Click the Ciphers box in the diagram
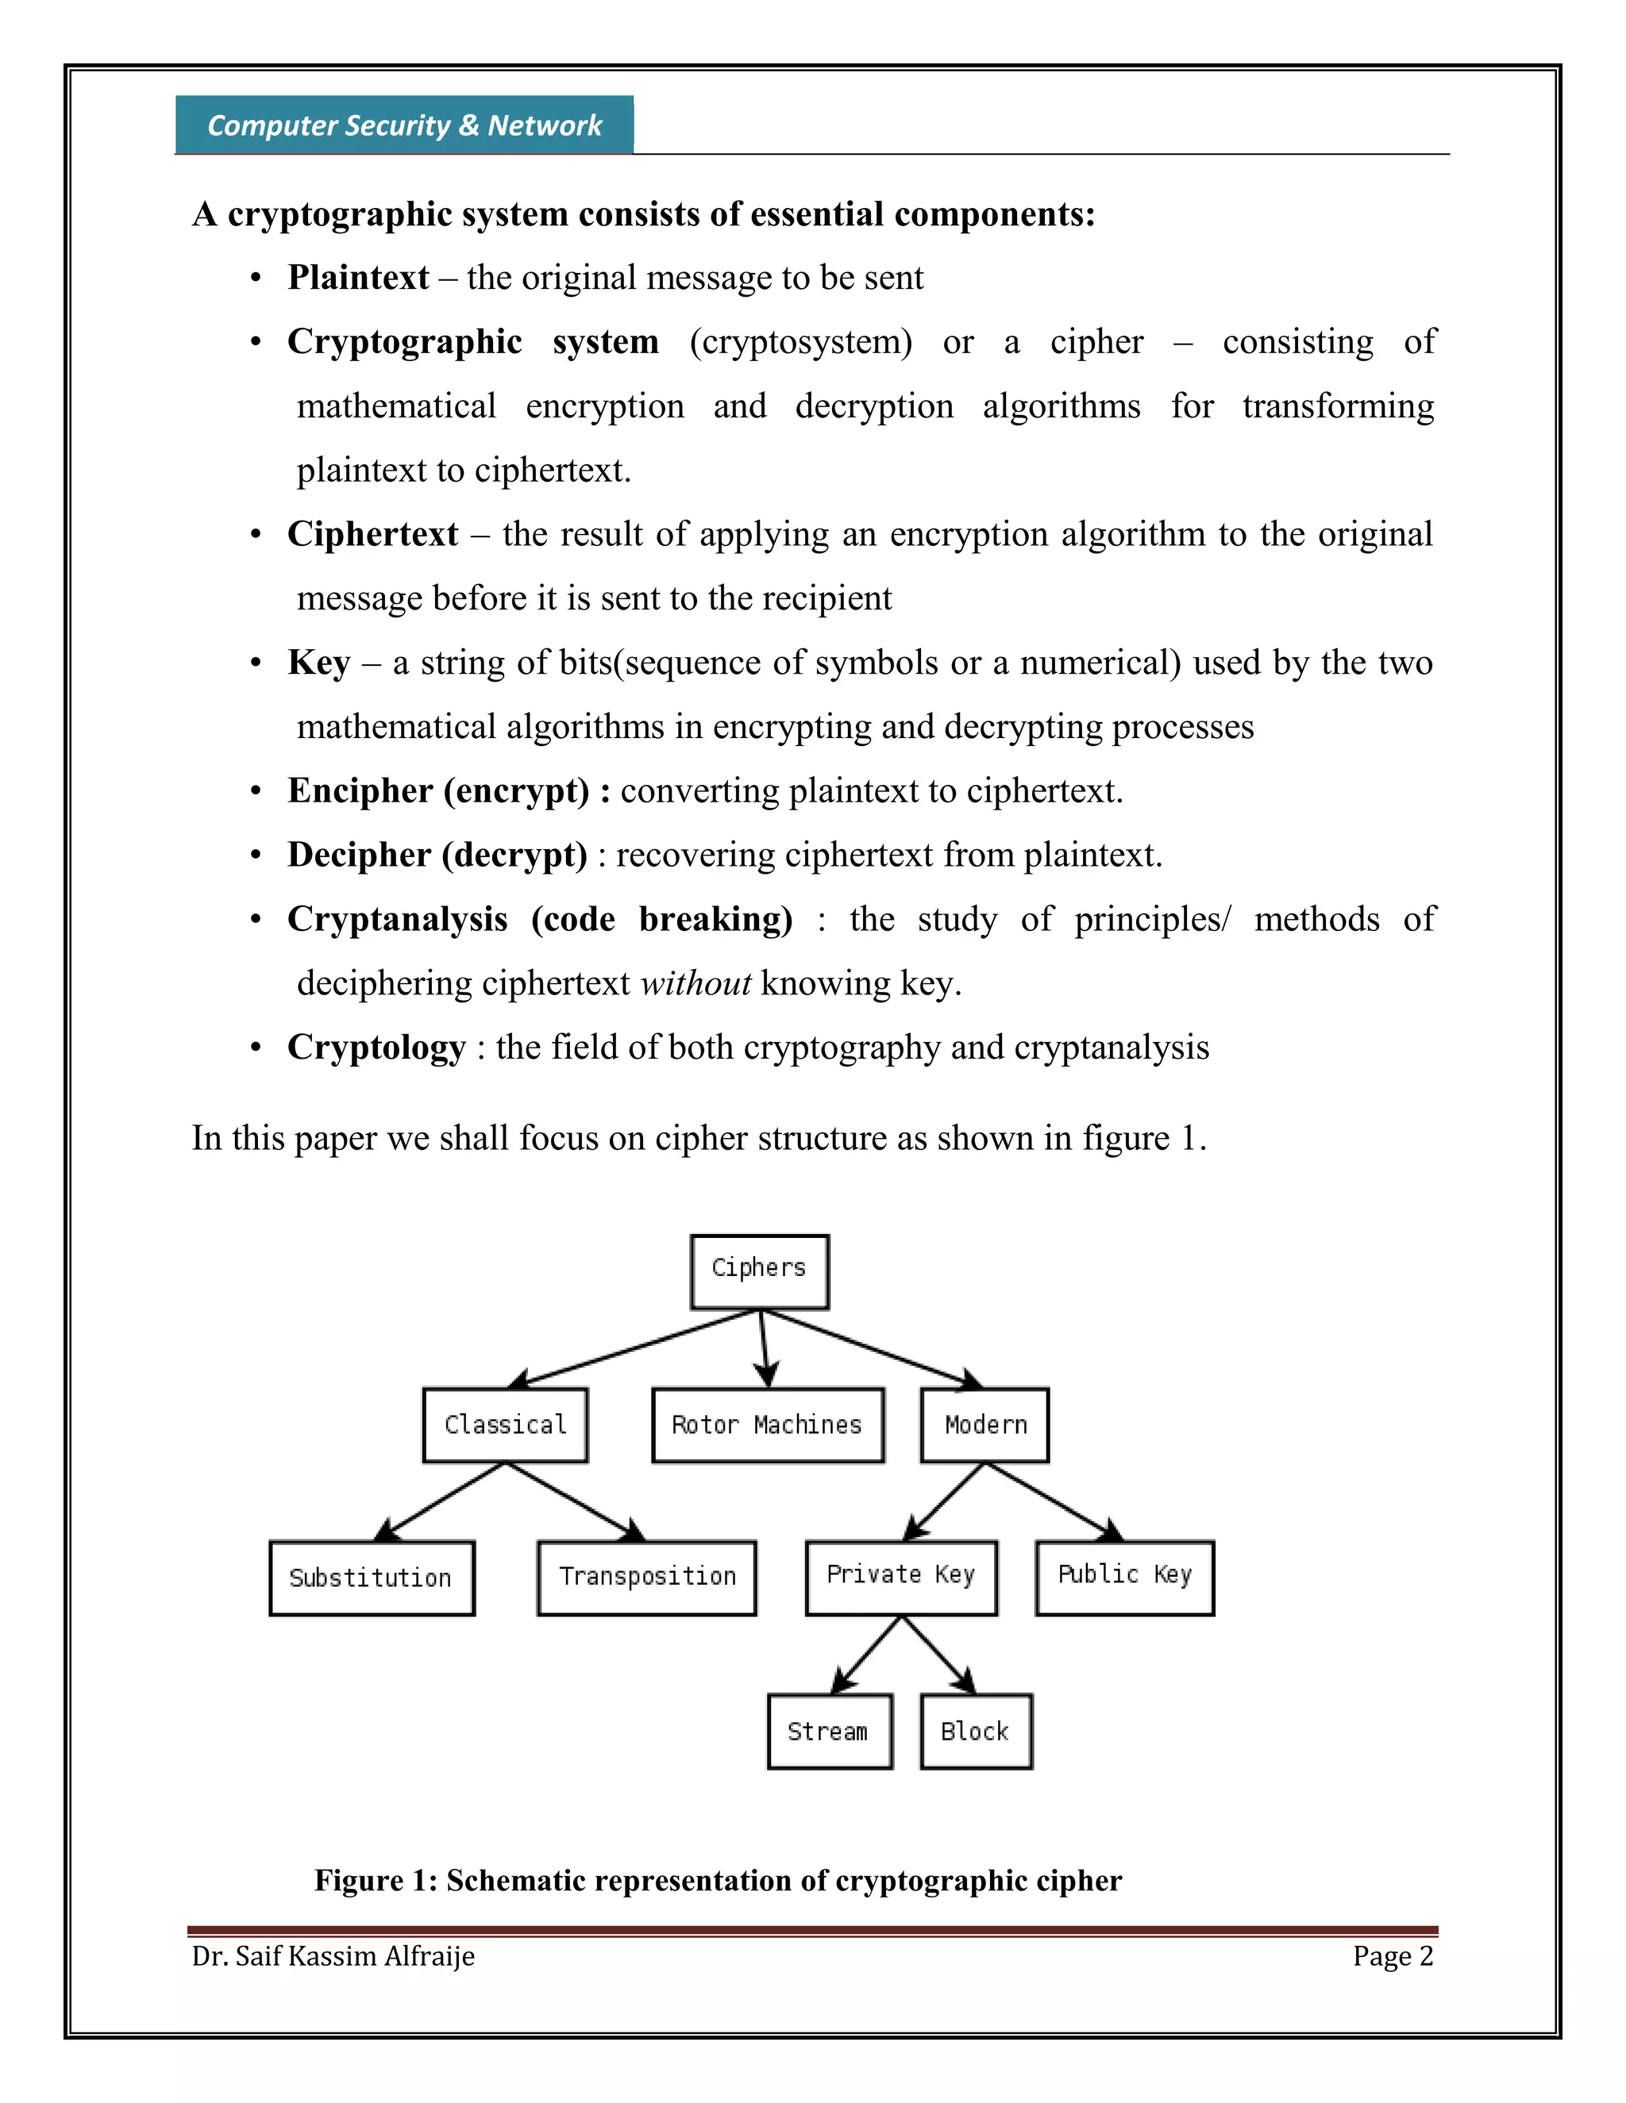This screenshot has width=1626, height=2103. (759, 1271)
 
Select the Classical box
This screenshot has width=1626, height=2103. (505, 1424)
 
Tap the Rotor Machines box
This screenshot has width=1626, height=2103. (767, 1424)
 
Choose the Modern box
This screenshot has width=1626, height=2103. (984, 1424)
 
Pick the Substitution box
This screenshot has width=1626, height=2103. (372, 1578)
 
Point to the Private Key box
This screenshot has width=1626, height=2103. (900, 1575)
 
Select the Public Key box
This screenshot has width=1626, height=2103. (1124, 1575)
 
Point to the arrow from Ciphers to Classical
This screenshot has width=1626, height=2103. (636, 1348)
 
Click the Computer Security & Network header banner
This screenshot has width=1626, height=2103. (405, 125)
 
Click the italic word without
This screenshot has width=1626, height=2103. (695, 983)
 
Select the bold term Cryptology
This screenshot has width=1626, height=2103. (376, 1048)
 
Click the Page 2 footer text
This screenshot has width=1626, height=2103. (1392, 1955)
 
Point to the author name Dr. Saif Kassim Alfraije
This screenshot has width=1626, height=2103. (333, 1955)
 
